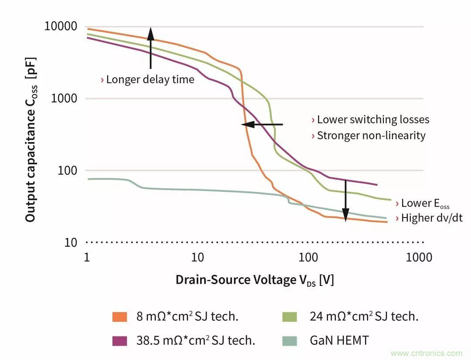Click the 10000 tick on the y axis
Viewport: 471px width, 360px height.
pos(61,26)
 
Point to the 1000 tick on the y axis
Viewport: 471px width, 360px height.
pos(65,98)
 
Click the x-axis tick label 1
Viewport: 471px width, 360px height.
pos(87,257)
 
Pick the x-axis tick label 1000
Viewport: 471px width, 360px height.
pos(419,257)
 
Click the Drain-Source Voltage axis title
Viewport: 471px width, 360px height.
pos(255,280)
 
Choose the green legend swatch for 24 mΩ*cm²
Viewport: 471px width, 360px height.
pos(289,317)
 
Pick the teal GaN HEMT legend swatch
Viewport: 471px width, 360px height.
pos(289,340)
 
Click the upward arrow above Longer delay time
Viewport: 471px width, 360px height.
pos(150,48)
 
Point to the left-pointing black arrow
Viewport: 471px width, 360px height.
pos(262,125)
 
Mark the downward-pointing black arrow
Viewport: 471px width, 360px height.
pos(345,200)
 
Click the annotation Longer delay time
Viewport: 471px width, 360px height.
pos(147,79)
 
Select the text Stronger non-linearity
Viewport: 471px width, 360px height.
pos(369,136)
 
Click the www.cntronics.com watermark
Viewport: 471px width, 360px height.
pos(426,353)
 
